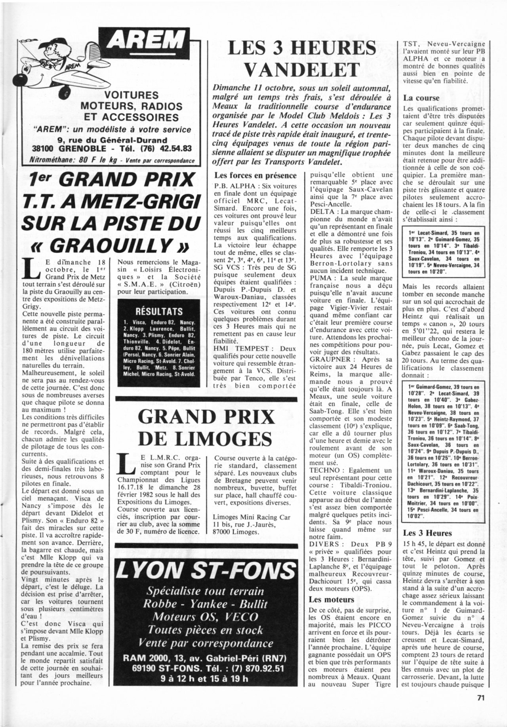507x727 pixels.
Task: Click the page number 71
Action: point(481,709)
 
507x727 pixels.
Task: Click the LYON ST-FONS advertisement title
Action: point(206,569)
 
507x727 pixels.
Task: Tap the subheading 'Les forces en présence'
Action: point(255,175)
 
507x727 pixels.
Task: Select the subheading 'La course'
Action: point(421,98)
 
